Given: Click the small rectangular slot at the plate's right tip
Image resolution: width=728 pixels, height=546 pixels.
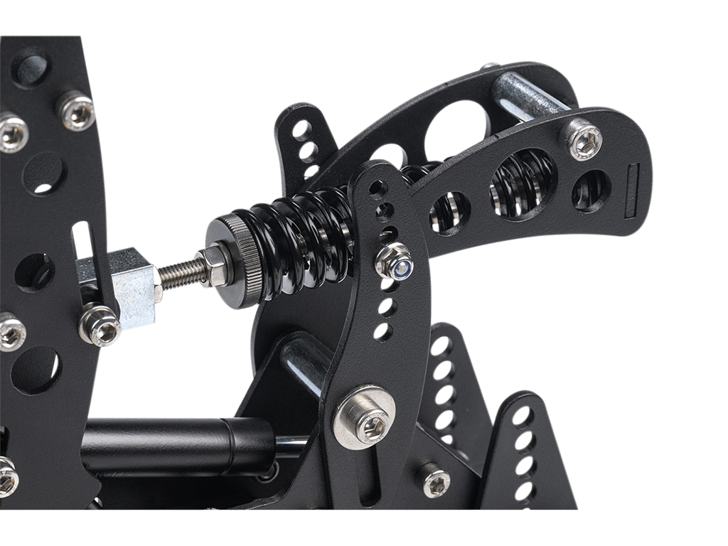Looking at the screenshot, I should pos(631,190).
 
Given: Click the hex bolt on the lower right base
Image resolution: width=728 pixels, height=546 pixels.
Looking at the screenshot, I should pos(436,481).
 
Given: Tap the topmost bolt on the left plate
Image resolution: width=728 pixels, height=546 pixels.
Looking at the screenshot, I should pos(75,108).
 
